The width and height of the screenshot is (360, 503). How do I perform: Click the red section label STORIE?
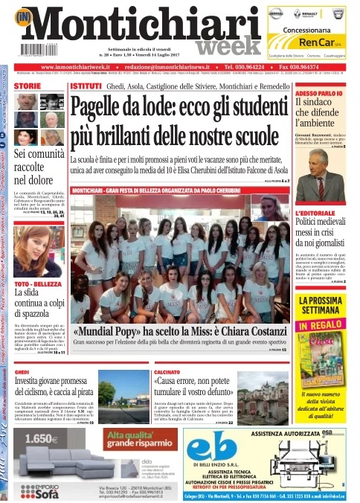[27, 87]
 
